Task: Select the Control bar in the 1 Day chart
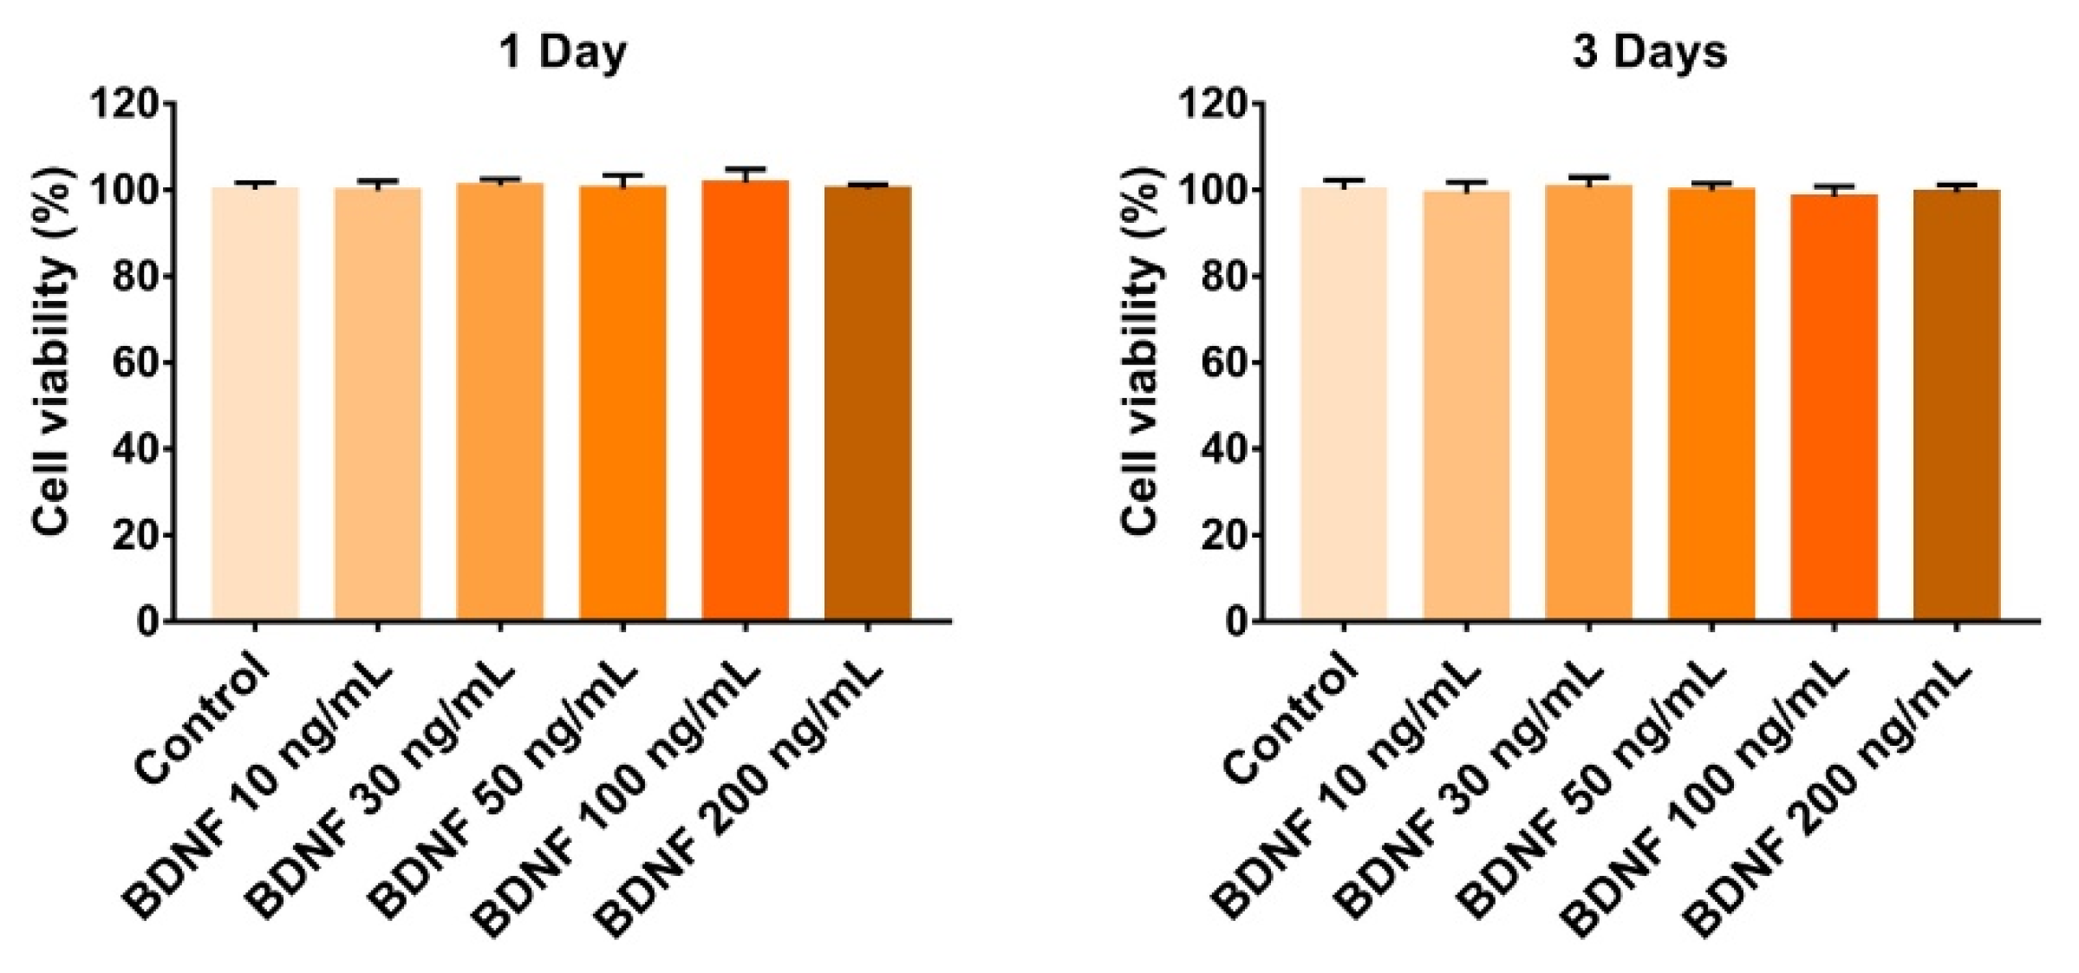255,403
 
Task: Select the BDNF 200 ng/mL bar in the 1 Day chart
868,403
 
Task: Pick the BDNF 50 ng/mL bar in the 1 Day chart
622,403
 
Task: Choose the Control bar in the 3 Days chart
1344,403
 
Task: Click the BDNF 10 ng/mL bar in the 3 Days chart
1466,406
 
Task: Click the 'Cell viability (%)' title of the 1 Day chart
54,362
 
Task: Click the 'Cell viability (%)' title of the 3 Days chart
1142,362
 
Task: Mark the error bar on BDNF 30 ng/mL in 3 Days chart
1588,180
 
